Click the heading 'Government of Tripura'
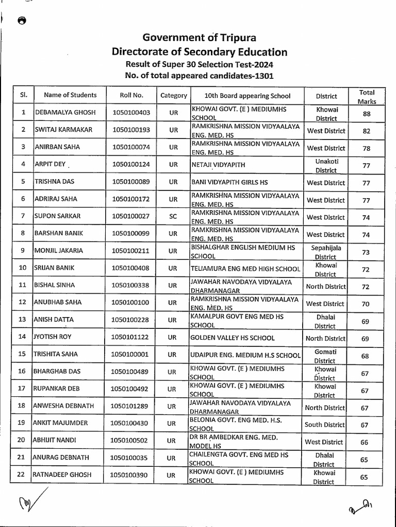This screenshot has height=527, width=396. click(x=199, y=38)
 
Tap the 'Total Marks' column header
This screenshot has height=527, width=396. click(x=367, y=96)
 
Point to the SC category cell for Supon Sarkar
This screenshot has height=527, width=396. click(x=173, y=217)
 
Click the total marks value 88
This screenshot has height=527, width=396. click(x=367, y=114)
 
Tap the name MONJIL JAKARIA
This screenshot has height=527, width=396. click(x=58, y=252)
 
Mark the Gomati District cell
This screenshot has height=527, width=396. click(x=325, y=356)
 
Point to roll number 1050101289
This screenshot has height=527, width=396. click(x=130, y=407)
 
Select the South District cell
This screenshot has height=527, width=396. click(x=324, y=425)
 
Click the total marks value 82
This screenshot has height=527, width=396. click(x=367, y=131)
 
